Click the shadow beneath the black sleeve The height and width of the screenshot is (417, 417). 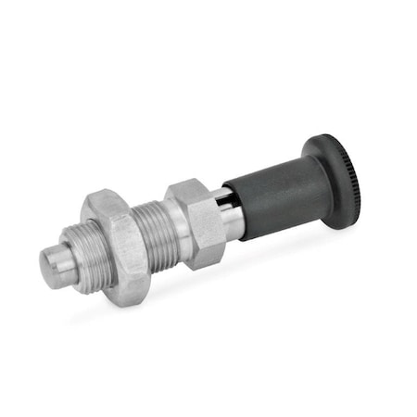(278, 246)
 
